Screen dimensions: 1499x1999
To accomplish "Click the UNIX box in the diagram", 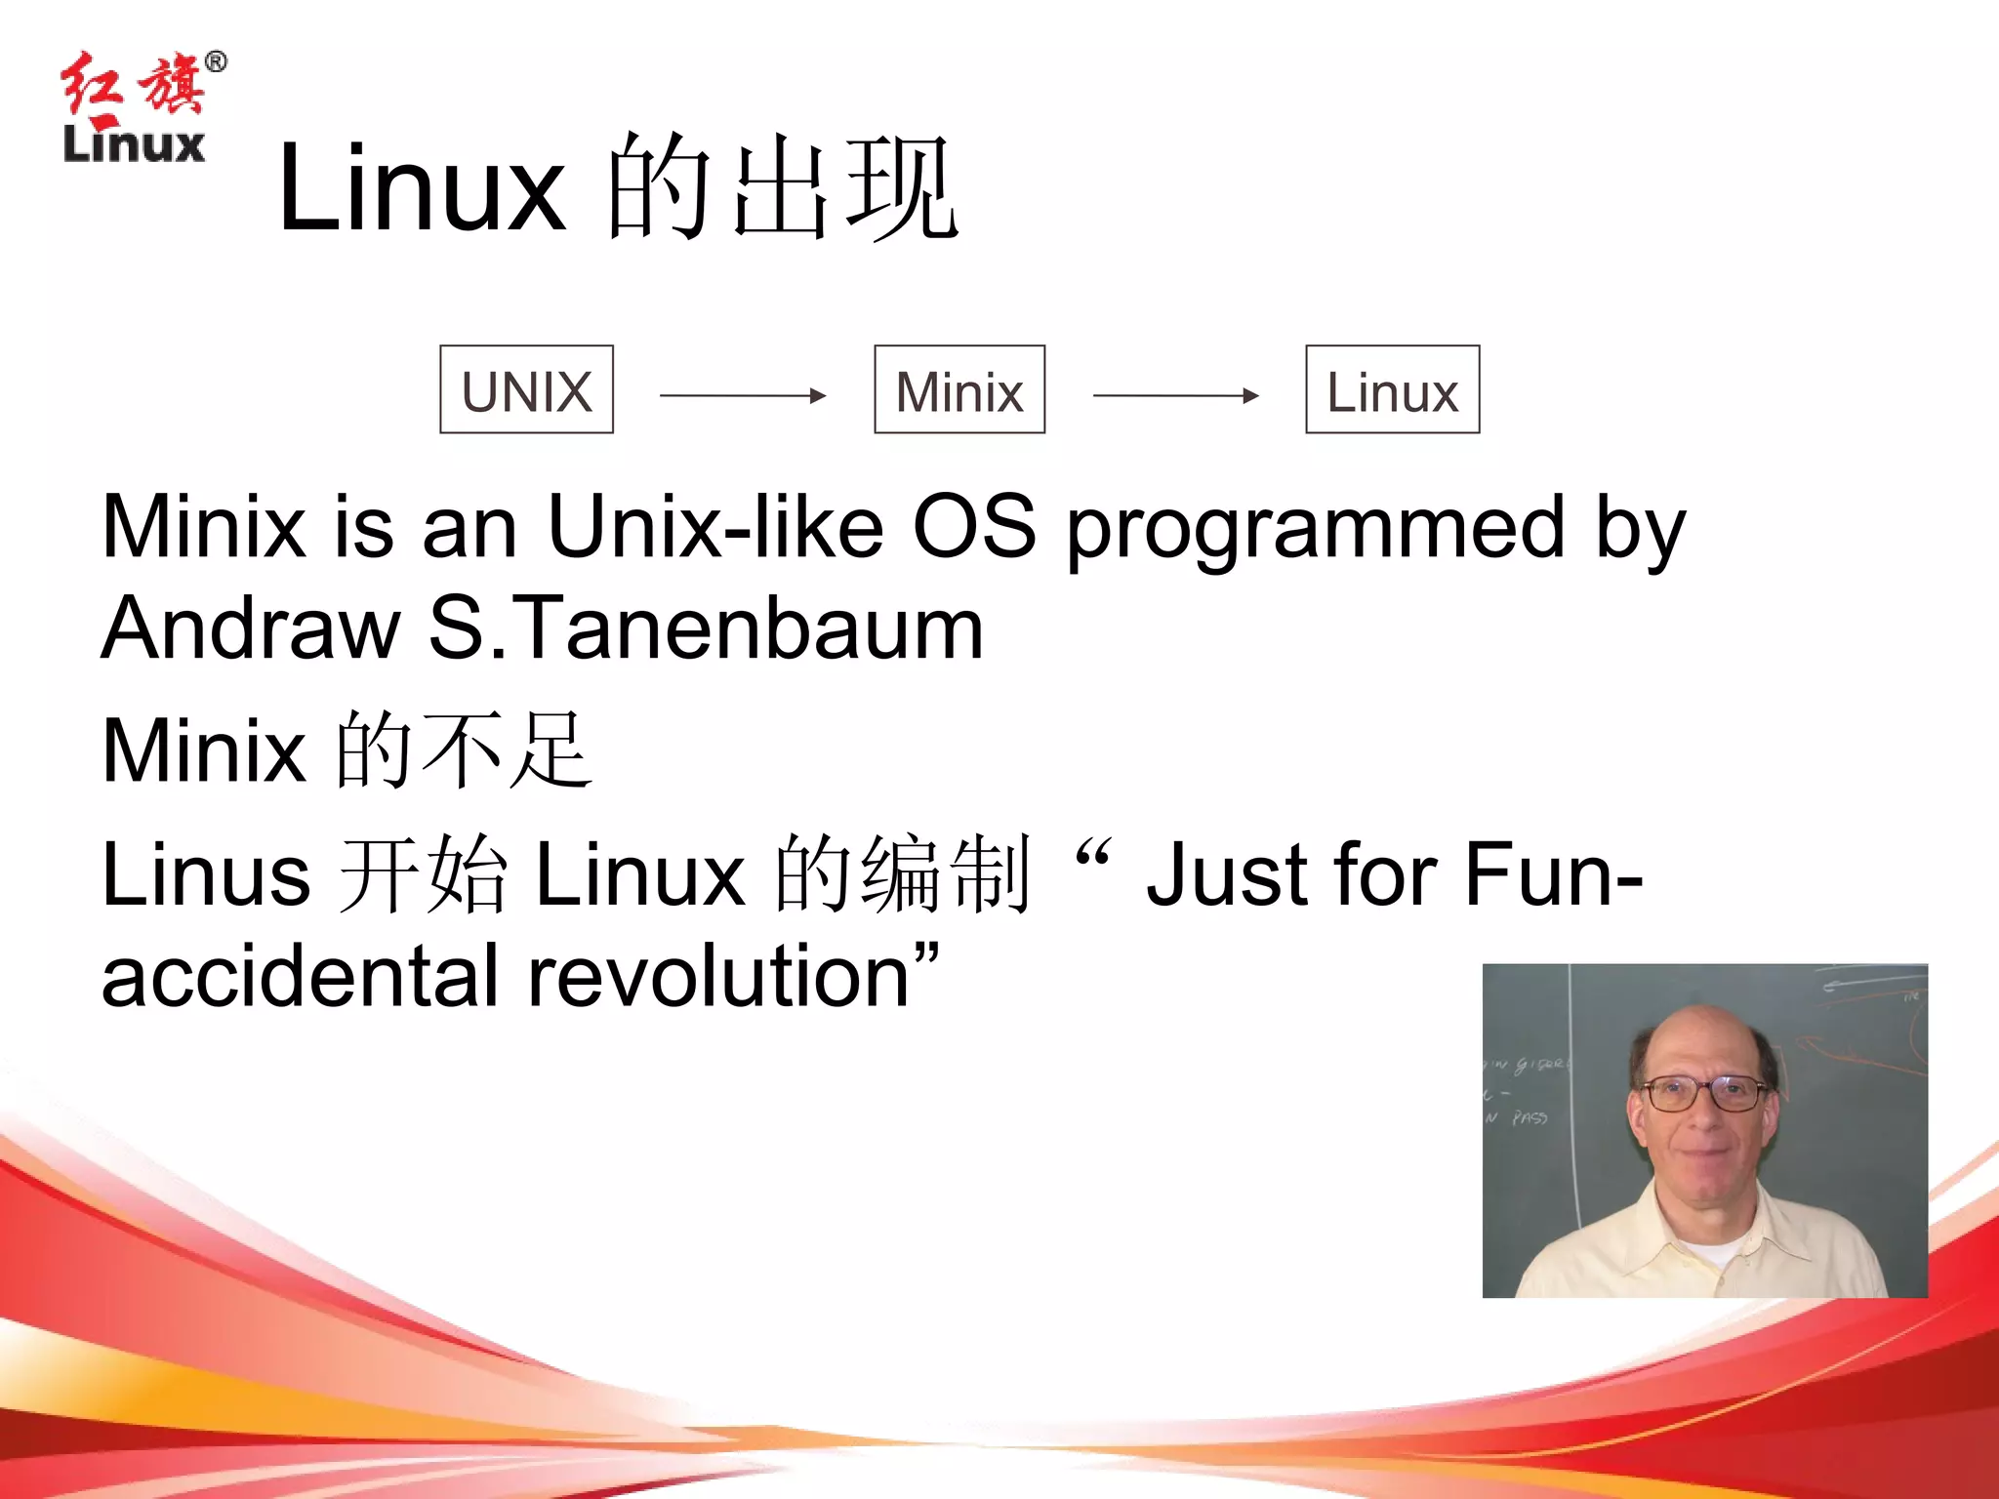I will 526,389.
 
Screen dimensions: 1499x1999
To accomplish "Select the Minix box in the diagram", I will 959,389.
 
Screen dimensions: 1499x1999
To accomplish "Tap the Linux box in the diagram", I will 1392,389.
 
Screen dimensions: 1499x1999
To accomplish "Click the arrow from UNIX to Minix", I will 743,395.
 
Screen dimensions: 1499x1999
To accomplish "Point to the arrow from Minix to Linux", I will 1175,395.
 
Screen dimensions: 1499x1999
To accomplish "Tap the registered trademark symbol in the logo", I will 216,62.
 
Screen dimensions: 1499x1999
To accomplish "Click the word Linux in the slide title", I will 421,187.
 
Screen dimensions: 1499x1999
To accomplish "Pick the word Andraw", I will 251,629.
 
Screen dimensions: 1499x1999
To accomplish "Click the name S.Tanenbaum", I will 705,629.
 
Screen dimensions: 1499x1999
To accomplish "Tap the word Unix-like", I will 715,528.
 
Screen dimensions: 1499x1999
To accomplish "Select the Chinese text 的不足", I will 463,749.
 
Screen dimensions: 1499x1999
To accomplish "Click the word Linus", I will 206,874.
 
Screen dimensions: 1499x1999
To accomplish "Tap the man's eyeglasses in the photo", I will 1704,1092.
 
